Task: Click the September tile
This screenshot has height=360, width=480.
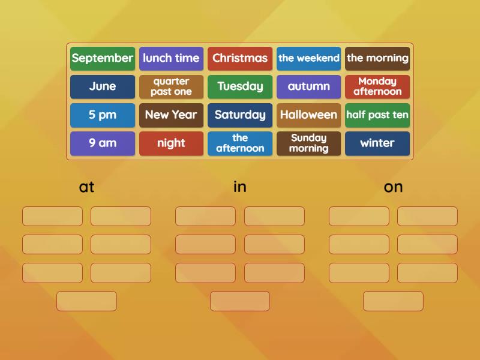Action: [103, 58]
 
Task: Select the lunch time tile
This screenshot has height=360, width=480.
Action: [171, 58]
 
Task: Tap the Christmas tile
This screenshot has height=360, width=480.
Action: [240, 58]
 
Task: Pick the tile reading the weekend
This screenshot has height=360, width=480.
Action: [308, 58]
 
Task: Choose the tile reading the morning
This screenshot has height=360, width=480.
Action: [377, 58]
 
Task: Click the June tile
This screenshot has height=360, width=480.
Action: [103, 86]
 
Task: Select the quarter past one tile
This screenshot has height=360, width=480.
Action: [171, 86]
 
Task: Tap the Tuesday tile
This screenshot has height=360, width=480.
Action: [240, 86]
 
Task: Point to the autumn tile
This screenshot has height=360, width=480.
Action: [308, 86]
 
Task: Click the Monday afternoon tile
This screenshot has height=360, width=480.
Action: [377, 86]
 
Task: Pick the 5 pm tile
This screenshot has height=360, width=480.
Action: [103, 115]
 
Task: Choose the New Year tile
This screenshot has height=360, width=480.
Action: [171, 115]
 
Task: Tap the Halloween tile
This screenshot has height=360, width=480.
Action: [308, 115]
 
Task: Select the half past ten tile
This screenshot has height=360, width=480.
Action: [377, 115]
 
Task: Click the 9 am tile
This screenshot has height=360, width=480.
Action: [103, 143]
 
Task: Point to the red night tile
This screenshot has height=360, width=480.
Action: [171, 143]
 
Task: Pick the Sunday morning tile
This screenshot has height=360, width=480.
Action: [308, 143]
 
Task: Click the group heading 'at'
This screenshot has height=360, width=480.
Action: [87, 187]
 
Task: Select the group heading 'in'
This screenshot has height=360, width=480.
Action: [240, 187]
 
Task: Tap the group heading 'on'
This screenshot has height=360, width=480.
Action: [393, 187]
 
